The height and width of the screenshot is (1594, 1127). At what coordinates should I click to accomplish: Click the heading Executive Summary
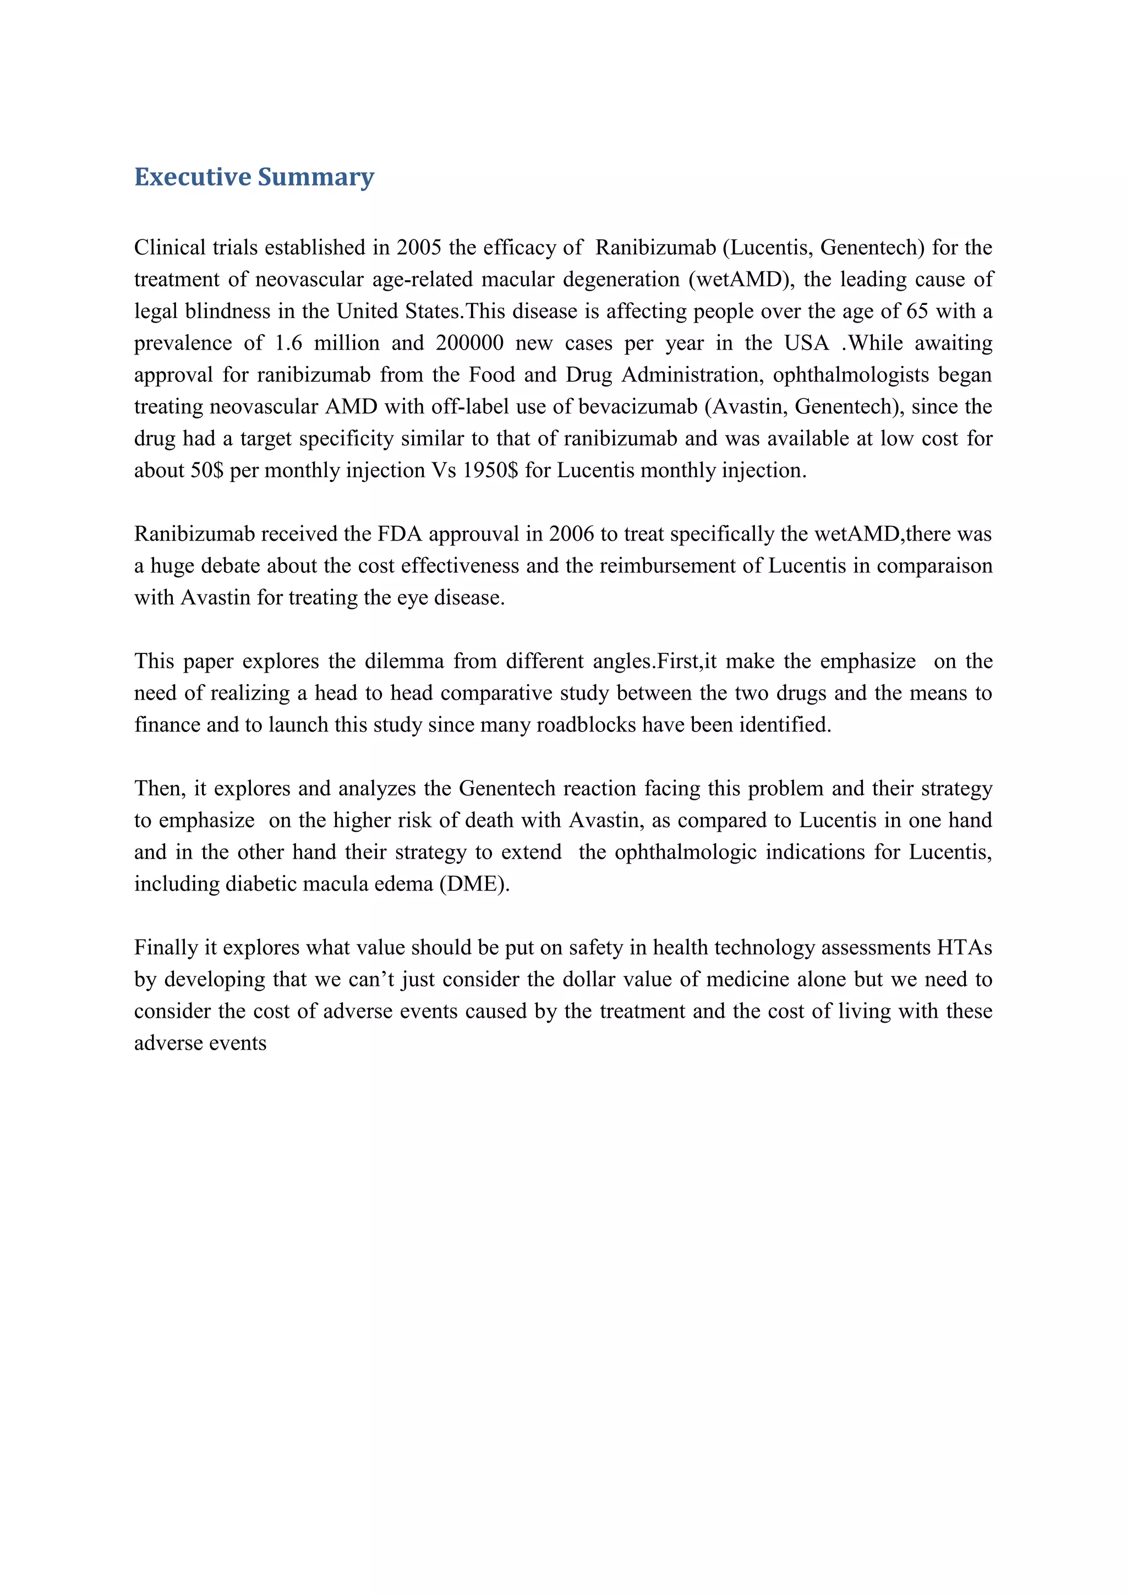[254, 177]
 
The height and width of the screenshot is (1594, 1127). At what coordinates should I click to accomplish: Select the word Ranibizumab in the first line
[655, 248]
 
